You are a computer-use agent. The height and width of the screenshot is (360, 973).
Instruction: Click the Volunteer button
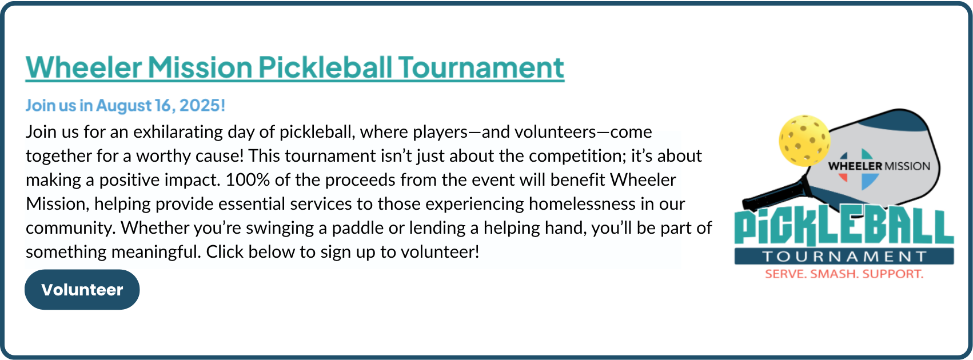pos(82,290)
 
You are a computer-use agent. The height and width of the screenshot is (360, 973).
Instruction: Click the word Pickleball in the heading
pos(325,67)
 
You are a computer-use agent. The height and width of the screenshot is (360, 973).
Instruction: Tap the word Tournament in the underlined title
pos(481,67)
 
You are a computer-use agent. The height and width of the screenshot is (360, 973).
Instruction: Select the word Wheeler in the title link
pos(84,67)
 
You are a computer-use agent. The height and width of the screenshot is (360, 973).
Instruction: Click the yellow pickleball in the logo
pos(804,140)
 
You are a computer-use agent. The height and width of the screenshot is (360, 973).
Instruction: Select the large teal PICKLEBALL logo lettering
pos(844,227)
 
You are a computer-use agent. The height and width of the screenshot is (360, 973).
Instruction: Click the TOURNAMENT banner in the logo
pos(844,256)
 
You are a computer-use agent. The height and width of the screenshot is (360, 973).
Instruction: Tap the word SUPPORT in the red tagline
pos(893,274)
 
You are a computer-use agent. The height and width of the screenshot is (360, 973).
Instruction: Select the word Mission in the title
pos(200,67)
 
